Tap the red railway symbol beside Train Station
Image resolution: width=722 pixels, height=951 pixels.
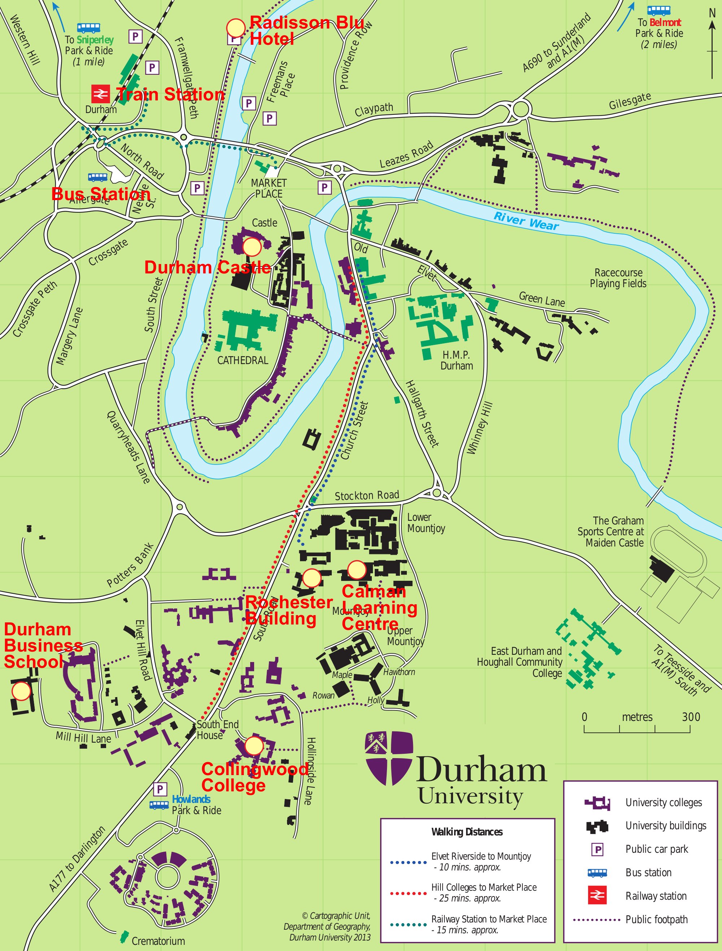tap(100, 94)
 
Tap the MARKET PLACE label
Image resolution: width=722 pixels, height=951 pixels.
tap(269, 188)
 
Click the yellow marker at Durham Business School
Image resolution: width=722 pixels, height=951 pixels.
tap(21, 691)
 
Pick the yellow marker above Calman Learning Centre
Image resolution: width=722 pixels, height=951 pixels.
tap(356, 570)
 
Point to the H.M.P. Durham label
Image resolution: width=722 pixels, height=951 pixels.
tap(456, 360)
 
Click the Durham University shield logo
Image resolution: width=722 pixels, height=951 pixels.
tap(388, 759)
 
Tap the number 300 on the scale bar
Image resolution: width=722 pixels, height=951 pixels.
tap(691, 717)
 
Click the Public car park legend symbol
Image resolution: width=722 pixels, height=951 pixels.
tap(597, 850)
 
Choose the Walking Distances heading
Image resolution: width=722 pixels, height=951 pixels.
tap(467, 832)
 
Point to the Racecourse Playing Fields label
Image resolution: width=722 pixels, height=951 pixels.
tap(618, 278)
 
